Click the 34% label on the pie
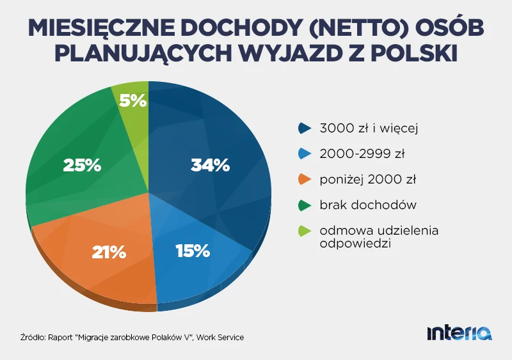[210, 165]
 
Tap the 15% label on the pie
[193, 251]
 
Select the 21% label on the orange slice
[108, 252]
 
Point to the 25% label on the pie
[82, 165]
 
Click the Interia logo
[460, 333]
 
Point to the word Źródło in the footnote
[31, 337]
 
